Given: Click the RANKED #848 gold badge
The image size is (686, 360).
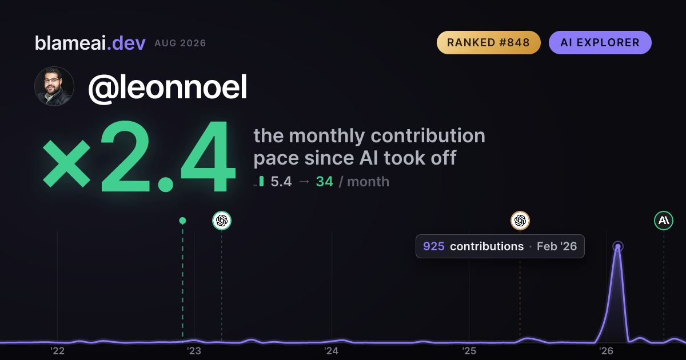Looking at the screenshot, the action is (488, 42).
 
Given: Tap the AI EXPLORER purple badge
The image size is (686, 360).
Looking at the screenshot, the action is (600, 42).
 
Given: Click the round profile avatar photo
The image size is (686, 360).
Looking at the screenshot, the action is (54, 86).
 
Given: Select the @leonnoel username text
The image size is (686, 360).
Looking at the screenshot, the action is (167, 87).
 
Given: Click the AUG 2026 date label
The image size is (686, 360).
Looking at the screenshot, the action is (180, 43).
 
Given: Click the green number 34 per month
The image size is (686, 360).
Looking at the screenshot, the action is (324, 182).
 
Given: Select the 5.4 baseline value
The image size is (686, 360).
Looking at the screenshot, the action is (281, 182).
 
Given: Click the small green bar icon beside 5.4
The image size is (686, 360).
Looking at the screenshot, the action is (261, 181).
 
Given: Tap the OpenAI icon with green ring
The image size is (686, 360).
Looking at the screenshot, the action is (222, 221).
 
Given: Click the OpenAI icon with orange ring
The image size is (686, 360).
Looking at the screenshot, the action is (520, 221).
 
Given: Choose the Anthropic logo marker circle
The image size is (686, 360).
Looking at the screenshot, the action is (664, 221).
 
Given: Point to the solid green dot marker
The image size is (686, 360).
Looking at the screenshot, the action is (182, 221).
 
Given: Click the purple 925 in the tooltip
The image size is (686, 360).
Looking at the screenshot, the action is (434, 246).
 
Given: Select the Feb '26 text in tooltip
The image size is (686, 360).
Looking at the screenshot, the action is (557, 246).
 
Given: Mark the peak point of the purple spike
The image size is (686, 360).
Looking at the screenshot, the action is (618, 247).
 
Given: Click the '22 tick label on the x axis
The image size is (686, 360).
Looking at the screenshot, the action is (57, 351).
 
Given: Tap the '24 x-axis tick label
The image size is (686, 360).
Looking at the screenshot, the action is (332, 351).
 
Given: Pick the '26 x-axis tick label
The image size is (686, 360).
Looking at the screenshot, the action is (606, 351).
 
